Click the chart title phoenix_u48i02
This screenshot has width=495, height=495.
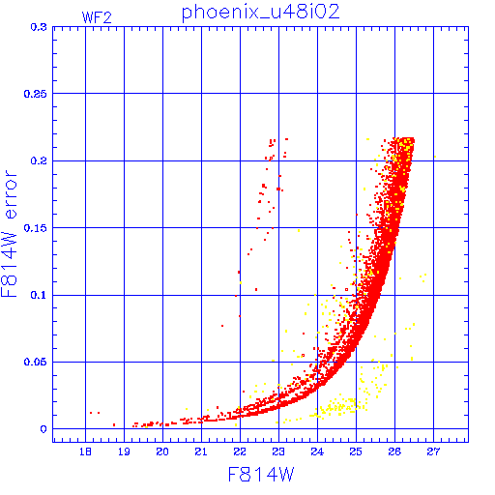[261, 13]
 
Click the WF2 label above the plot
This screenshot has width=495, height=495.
[97, 17]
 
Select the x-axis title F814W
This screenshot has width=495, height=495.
[261, 475]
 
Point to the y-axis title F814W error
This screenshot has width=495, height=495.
[9, 234]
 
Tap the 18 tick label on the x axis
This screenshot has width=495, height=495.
[85, 451]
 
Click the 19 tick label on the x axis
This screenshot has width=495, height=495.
[124, 451]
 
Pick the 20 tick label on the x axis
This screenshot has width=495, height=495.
[162, 451]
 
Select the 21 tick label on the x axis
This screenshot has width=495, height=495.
[201, 451]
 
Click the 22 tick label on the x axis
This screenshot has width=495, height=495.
[240, 451]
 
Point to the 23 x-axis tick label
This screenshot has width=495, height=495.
[278, 451]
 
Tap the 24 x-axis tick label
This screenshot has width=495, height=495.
[317, 451]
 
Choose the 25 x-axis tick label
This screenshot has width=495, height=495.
[356, 451]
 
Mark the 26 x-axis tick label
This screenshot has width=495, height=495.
[394, 451]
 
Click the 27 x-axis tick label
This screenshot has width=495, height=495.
[433, 451]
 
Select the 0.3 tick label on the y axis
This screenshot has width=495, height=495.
[39, 27]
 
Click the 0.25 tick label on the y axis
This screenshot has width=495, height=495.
[36, 94]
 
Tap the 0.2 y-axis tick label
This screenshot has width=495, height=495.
[39, 160]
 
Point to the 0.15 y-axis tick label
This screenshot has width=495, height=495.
[36, 228]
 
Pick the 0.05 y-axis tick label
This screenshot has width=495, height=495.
[36, 362]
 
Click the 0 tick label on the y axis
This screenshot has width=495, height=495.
[44, 429]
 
